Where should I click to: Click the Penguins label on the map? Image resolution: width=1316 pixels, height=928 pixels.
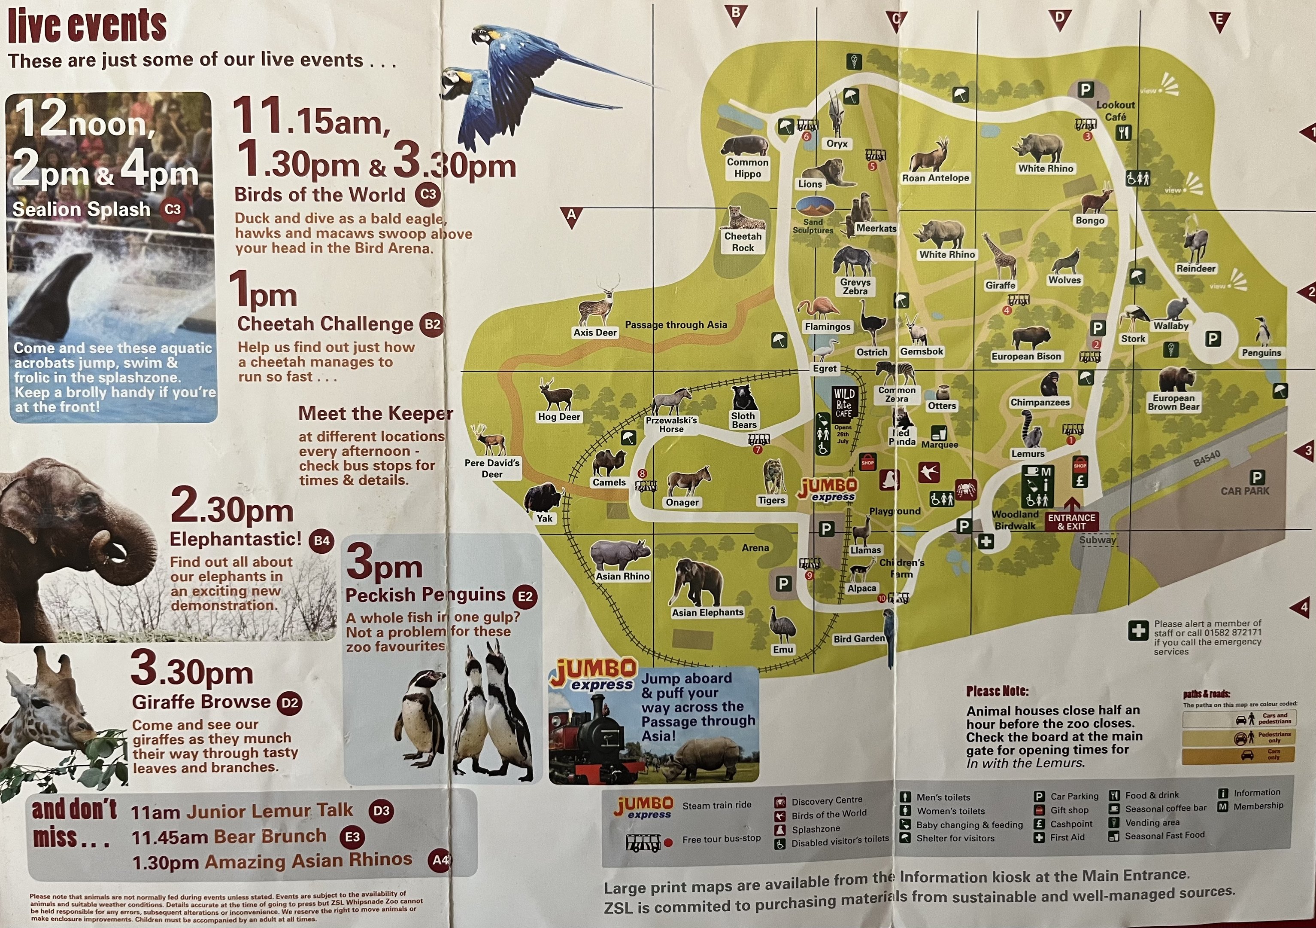click(x=1260, y=353)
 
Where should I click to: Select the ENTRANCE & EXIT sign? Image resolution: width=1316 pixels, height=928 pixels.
click(x=1071, y=521)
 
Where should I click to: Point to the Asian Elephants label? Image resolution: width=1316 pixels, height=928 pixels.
click(x=707, y=613)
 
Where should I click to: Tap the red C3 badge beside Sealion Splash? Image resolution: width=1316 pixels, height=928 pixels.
click(x=173, y=209)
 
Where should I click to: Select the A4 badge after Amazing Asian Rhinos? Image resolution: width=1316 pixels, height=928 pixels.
click(x=440, y=860)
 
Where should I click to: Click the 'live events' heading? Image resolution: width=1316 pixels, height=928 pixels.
click(x=87, y=26)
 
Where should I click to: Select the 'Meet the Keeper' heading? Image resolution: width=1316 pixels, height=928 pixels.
click(x=376, y=414)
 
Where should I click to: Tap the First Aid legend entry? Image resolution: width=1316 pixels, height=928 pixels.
click(x=1066, y=837)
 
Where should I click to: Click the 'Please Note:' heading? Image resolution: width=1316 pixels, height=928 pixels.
click(x=998, y=691)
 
